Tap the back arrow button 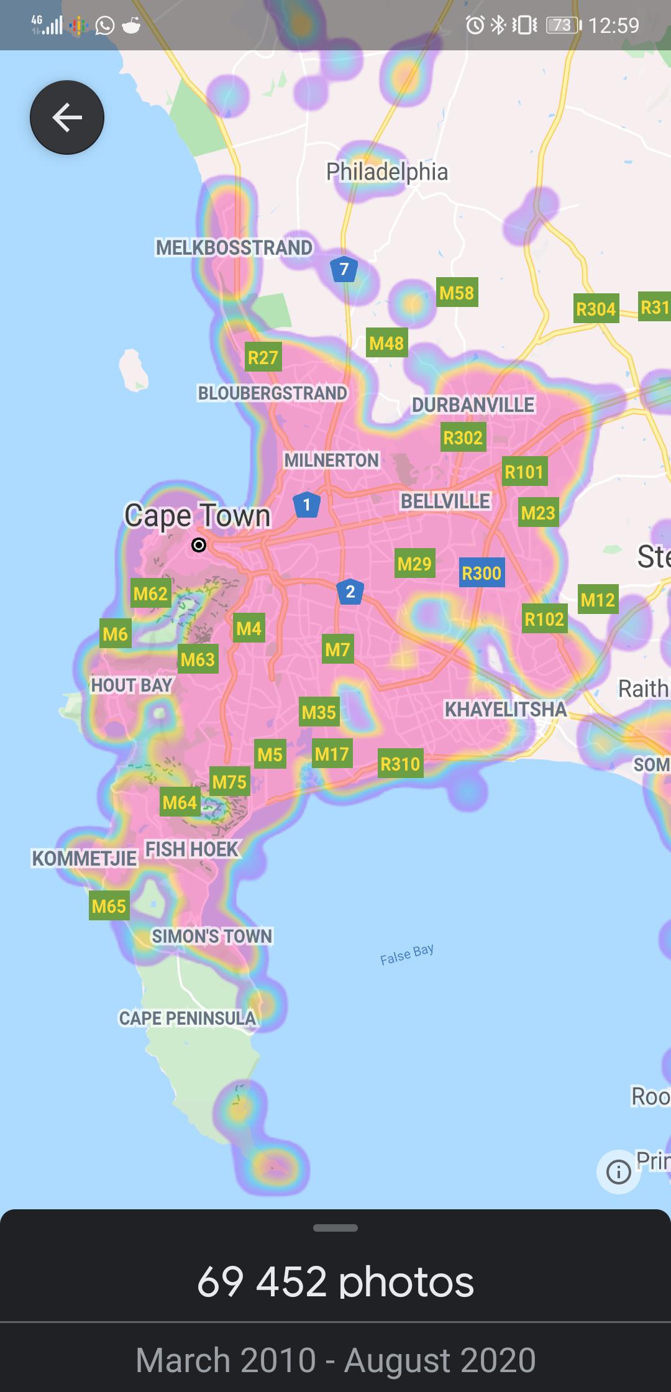tap(67, 117)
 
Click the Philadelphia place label tap(386, 172)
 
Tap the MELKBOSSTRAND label tap(234, 247)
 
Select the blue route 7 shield tap(344, 269)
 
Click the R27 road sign tap(263, 357)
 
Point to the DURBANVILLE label tap(473, 405)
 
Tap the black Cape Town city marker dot tap(199, 545)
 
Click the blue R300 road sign tap(482, 573)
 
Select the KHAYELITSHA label tap(505, 709)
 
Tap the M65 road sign tap(109, 906)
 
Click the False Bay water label tap(407, 954)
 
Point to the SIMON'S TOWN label tap(212, 936)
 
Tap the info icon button tap(618, 1172)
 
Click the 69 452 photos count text tap(335, 1282)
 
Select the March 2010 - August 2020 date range tap(335, 1360)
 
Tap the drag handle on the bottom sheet tap(335, 1228)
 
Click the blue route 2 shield tap(350, 592)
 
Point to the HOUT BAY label tap(131, 685)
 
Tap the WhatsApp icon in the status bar tap(104, 25)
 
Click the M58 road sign tap(457, 292)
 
